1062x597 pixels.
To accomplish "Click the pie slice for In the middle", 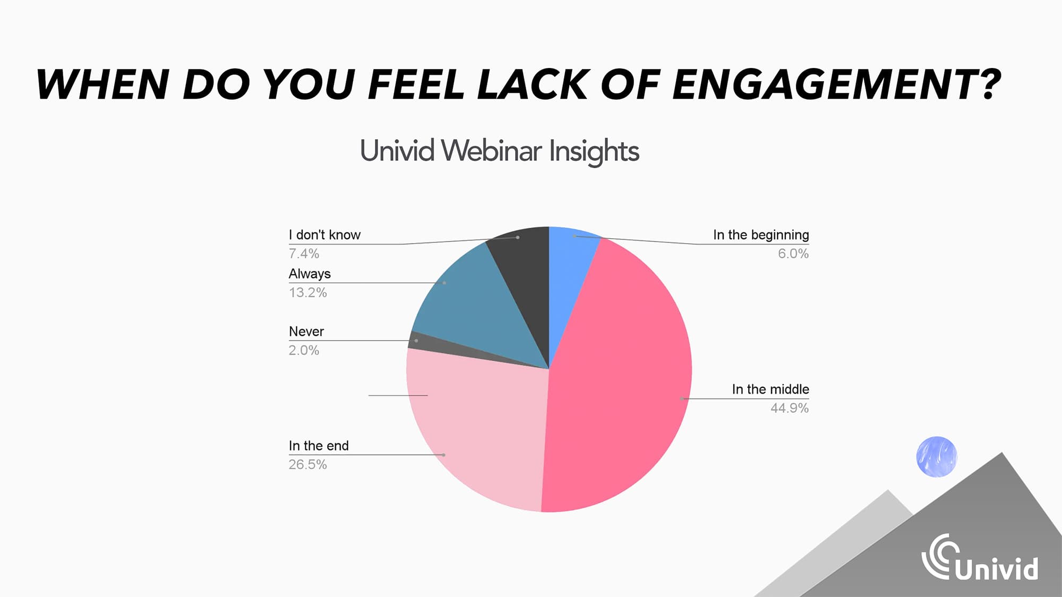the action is click(621, 382).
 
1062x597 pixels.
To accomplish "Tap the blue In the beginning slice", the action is click(568, 265).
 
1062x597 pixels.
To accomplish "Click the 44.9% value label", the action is click(790, 408).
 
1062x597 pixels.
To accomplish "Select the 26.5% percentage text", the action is click(307, 464).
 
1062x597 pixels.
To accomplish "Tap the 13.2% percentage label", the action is click(307, 292).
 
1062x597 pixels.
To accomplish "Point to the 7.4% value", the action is click(304, 254).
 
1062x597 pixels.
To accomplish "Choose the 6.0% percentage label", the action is click(793, 254).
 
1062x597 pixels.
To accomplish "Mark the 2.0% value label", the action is click(304, 350).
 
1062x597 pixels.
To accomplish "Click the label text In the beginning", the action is click(761, 235).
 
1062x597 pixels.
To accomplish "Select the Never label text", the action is click(306, 332).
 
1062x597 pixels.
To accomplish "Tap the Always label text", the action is click(310, 274).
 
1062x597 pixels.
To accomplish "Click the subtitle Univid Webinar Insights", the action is click(500, 151).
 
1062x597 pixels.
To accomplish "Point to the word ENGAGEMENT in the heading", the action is click(836, 84).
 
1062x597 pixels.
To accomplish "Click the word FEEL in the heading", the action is click(416, 84).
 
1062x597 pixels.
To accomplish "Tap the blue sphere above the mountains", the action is click(937, 457).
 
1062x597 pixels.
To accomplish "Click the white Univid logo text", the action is click(997, 568).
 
